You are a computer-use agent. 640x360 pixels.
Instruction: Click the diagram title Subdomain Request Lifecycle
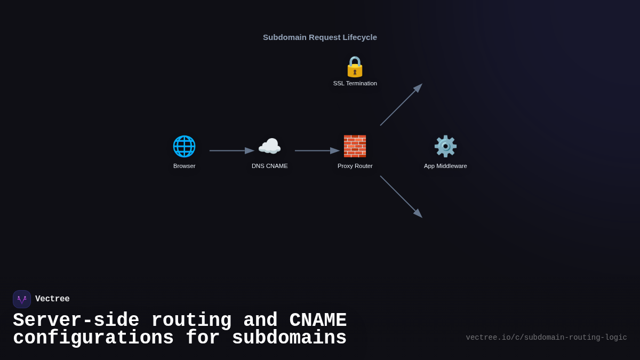coord(320,37)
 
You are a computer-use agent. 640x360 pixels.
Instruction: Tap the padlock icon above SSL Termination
coord(355,67)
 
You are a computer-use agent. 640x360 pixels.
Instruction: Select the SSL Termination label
coord(355,83)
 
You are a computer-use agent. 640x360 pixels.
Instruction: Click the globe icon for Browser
coord(184,146)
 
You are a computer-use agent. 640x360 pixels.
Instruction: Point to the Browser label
coord(185,166)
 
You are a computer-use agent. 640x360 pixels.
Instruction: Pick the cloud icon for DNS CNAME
coord(269,146)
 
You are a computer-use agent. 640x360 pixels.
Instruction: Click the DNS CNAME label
coord(270,166)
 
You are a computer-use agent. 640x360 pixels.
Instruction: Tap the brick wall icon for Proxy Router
coord(355,146)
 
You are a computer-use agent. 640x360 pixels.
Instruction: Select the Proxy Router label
coord(355,166)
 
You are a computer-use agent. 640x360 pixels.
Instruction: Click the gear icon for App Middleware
coord(445,146)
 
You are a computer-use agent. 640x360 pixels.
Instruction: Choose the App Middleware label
coord(445,166)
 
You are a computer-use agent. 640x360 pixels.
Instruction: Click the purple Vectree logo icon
coord(22,299)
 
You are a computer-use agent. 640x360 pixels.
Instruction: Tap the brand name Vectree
coord(52,299)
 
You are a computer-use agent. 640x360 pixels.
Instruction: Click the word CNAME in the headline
coord(318,321)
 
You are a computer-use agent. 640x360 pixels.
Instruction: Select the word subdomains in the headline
coord(289,338)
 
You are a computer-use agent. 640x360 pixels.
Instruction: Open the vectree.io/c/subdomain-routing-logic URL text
coord(546,338)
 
